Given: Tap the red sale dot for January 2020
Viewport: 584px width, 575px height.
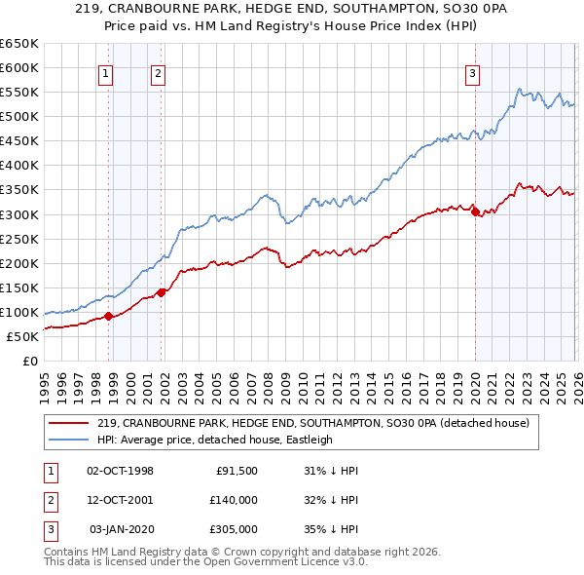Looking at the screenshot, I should coord(475,211).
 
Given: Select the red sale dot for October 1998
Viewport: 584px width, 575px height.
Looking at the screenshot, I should coord(109,315).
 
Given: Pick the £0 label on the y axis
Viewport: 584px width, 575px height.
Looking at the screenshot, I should coord(29,361).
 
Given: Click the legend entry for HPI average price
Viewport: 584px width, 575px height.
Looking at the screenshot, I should coord(214,440).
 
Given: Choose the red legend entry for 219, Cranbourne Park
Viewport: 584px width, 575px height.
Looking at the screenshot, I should coord(311,423).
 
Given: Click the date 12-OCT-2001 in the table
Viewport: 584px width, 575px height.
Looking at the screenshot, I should coord(120,500).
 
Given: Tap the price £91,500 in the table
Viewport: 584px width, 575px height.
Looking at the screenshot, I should coord(237,471).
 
